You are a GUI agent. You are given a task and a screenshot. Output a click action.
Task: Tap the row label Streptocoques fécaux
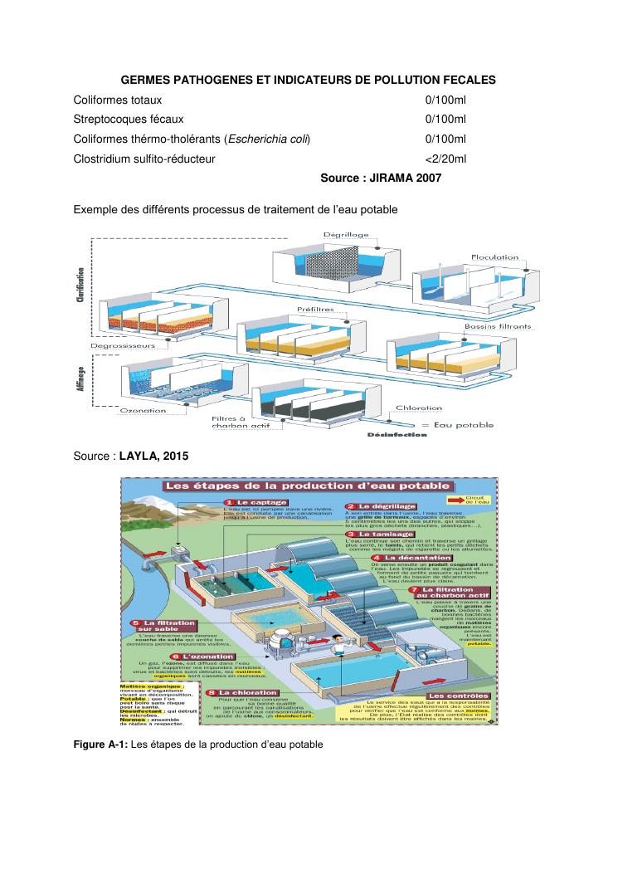128,120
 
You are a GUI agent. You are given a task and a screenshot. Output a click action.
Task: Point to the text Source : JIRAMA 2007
381,178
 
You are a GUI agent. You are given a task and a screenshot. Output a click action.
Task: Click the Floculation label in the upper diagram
495,258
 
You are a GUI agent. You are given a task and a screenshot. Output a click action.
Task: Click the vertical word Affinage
82,387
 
